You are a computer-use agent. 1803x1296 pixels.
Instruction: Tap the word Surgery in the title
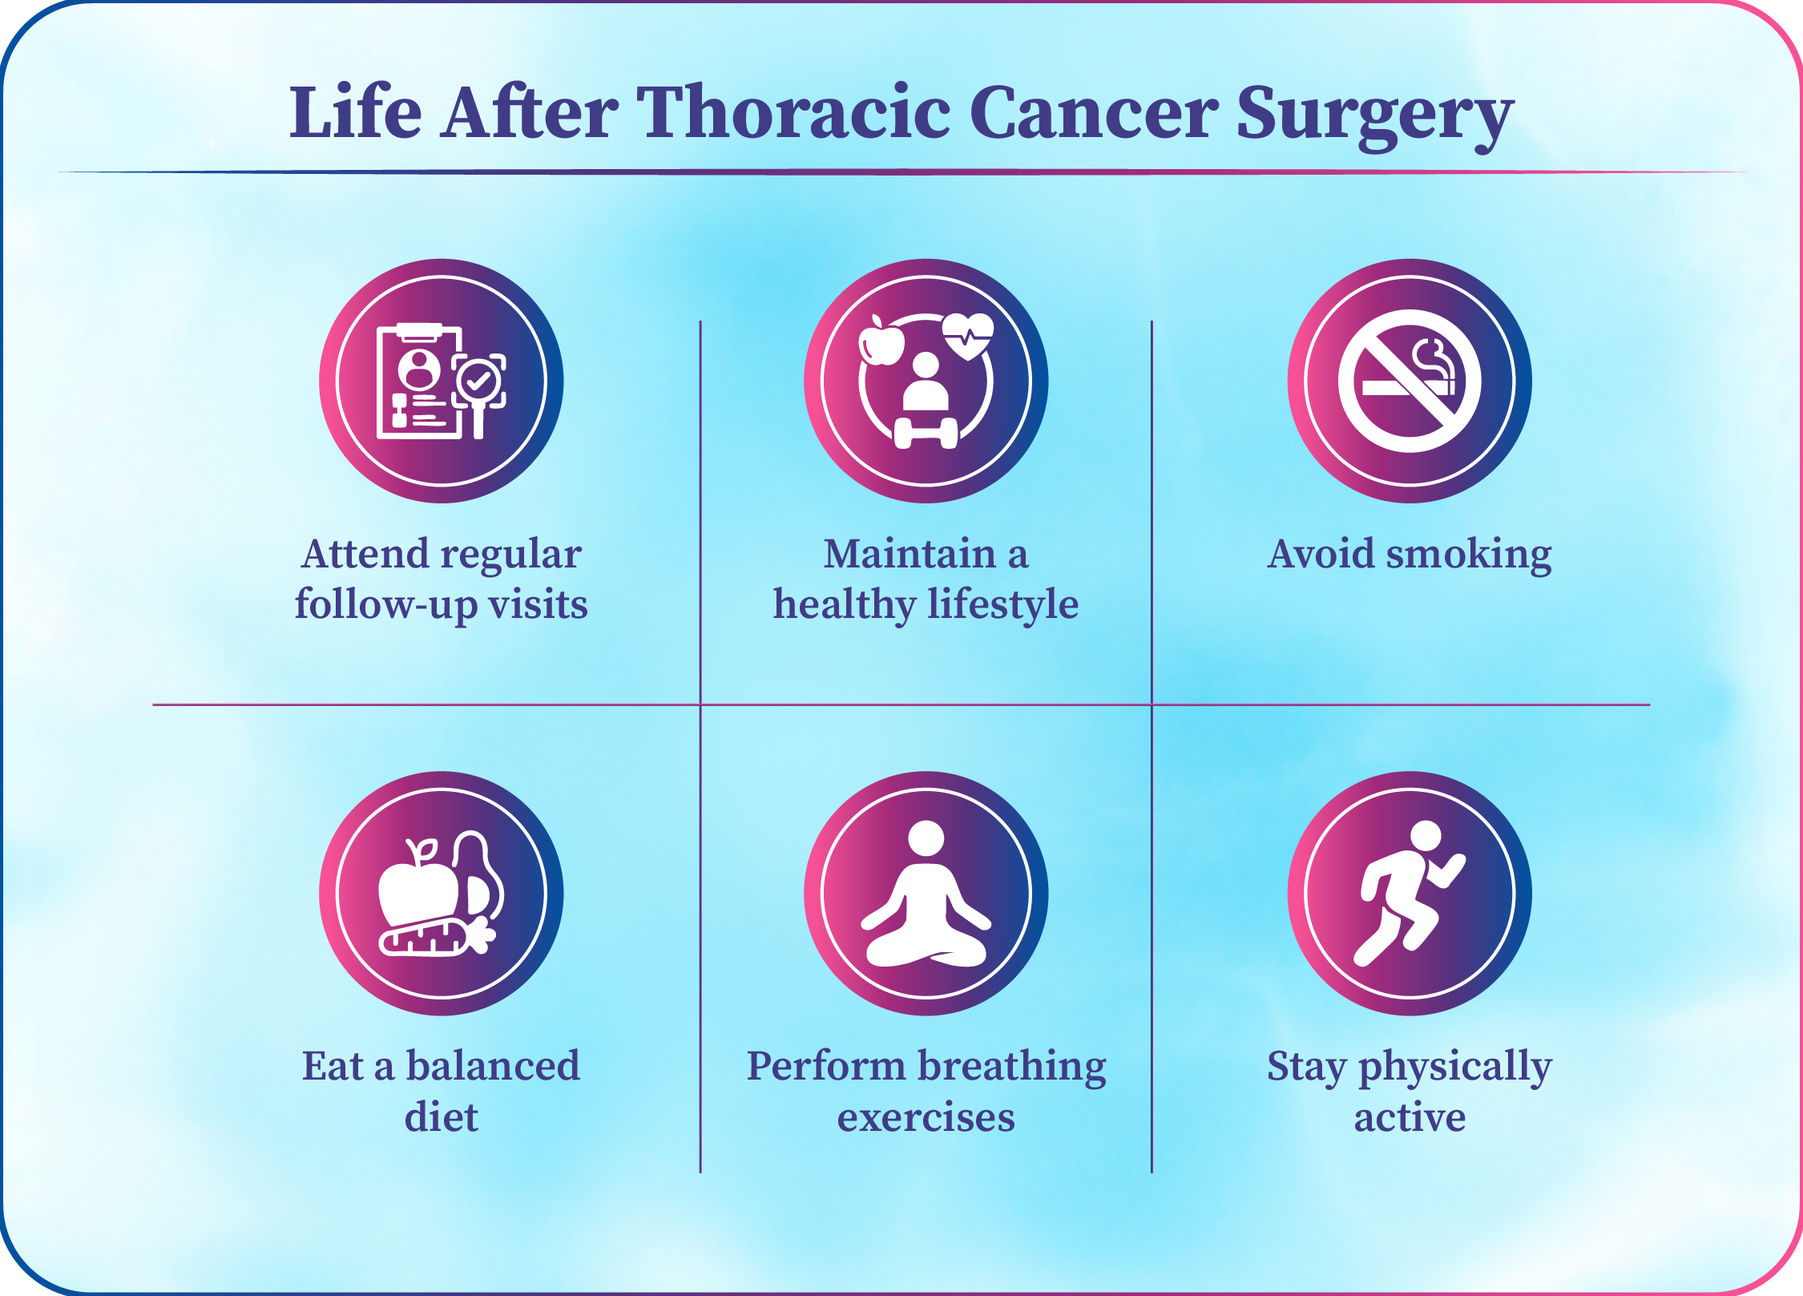click(1374, 117)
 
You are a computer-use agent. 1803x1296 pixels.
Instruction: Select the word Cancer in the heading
click(1095, 113)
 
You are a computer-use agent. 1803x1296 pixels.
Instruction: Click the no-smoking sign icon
click(1410, 381)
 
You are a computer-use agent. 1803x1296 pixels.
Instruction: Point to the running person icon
click(1410, 894)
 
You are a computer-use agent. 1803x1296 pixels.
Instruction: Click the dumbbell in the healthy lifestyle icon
click(926, 434)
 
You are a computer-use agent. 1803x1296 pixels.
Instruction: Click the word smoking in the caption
click(1470, 555)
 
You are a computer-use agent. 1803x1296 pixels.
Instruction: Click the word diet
click(442, 1116)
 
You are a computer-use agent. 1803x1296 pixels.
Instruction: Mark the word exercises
click(926, 1117)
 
